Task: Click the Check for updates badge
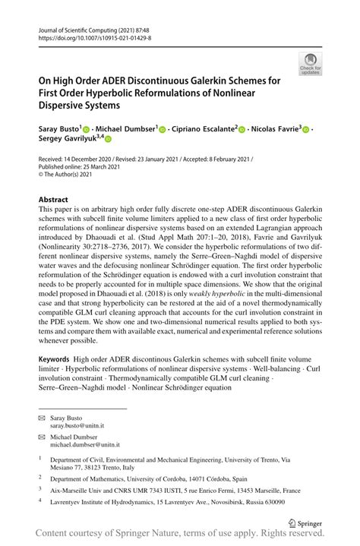point(310,64)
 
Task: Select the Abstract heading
point(54,199)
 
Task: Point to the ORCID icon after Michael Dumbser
point(162,130)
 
